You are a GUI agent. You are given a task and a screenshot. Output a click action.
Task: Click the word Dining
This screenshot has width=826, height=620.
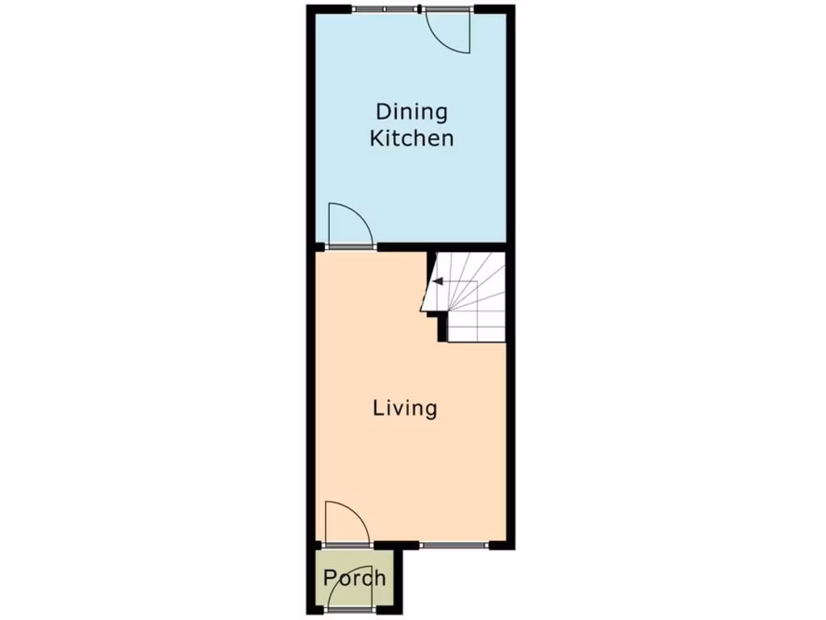[x=411, y=111]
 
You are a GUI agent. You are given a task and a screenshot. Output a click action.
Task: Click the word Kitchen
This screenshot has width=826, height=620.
[x=411, y=138]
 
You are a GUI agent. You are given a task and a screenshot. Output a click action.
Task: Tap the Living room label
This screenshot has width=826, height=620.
[x=405, y=408]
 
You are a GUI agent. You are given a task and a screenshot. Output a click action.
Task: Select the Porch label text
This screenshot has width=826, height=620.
[x=354, y=578]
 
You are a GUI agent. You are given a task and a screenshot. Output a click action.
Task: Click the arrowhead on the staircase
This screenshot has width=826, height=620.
[x=436, y=282]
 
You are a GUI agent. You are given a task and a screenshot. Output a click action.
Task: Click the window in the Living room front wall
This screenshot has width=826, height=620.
[x=453, y=546]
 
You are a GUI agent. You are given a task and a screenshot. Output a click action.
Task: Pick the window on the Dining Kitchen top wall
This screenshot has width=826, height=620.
[x=386, y=10]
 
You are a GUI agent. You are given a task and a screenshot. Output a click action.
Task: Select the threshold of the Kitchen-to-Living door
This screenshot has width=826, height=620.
[x=351, y=245]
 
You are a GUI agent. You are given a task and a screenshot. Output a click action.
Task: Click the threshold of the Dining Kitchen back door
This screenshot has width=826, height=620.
[x=448, y=10]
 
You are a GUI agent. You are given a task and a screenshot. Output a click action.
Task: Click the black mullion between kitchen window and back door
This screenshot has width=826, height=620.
[x=422, y=10]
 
